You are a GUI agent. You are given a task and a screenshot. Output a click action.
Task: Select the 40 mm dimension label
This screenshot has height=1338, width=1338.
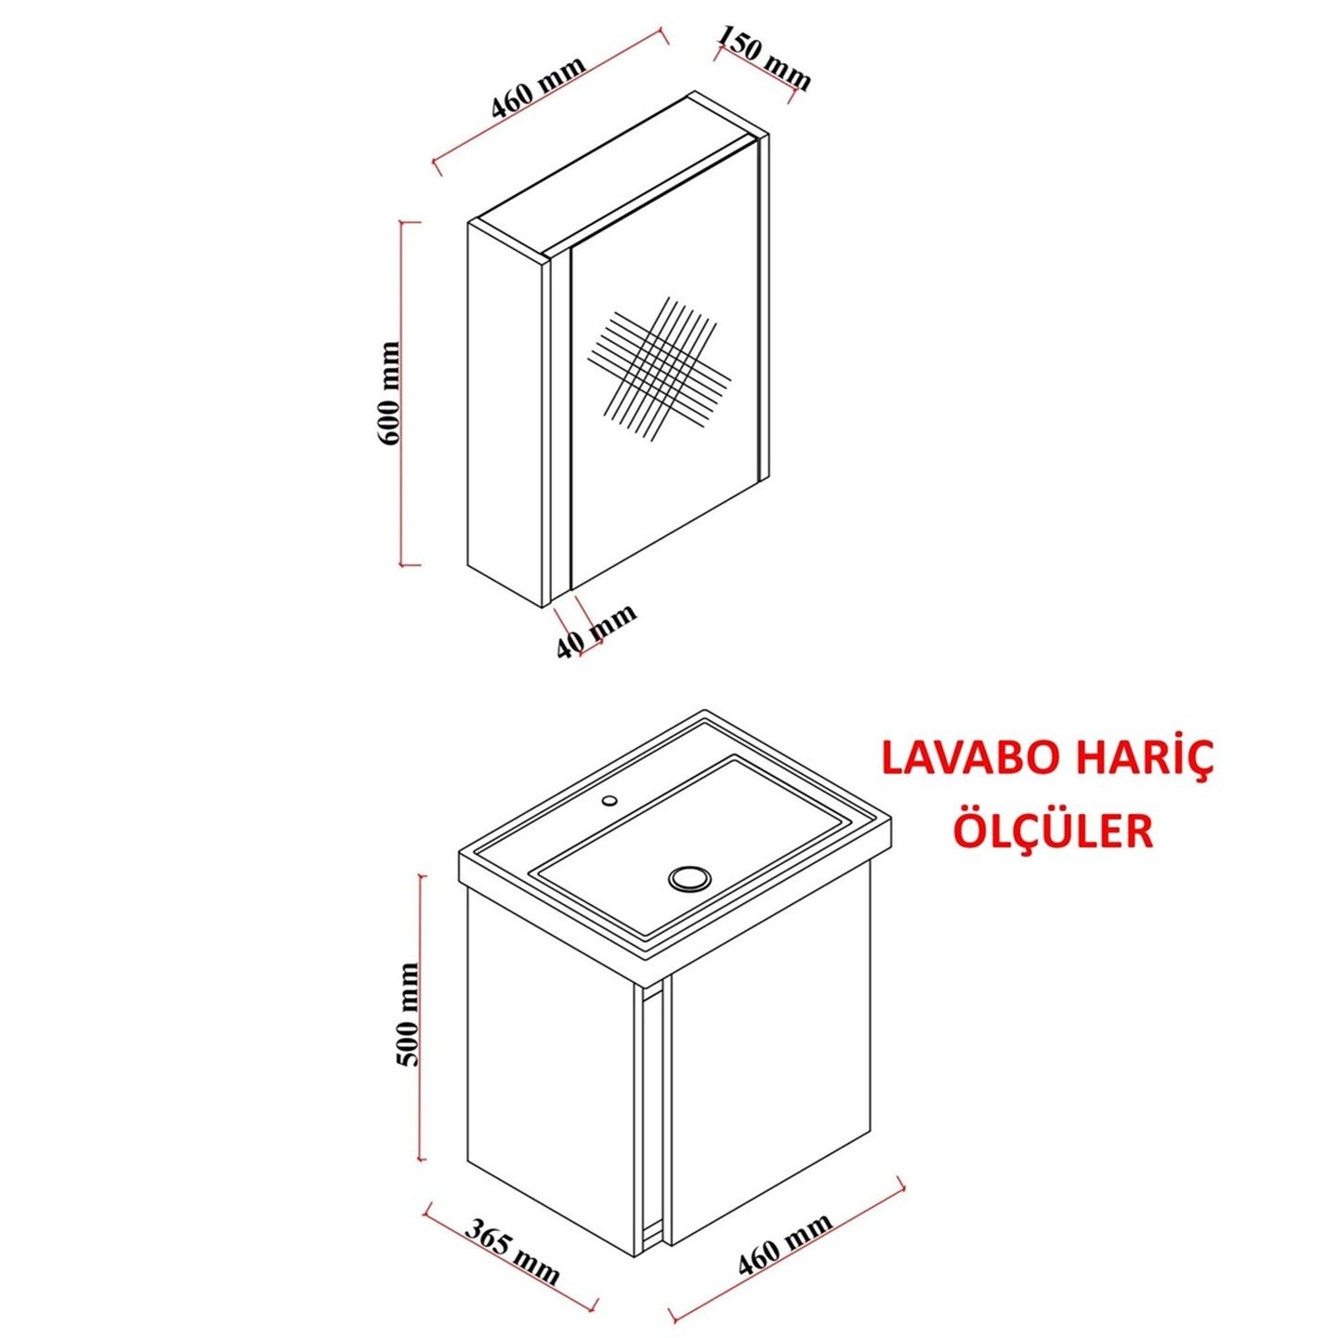pyautogui.click(x=597, y=631)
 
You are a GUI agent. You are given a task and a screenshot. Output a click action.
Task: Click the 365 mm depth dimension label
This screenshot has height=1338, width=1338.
pyautogui.click(x=512, y=1251)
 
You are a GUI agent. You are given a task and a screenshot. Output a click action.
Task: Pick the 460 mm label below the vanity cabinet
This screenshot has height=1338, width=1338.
pyautogui.click(x=785, y=1244)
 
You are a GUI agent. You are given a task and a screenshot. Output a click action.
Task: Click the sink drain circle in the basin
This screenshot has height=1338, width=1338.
pyautogui.click(x=689, y=877)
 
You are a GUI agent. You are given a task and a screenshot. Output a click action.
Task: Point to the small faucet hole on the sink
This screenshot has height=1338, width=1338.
pyautogui.click(x=610, y=799)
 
